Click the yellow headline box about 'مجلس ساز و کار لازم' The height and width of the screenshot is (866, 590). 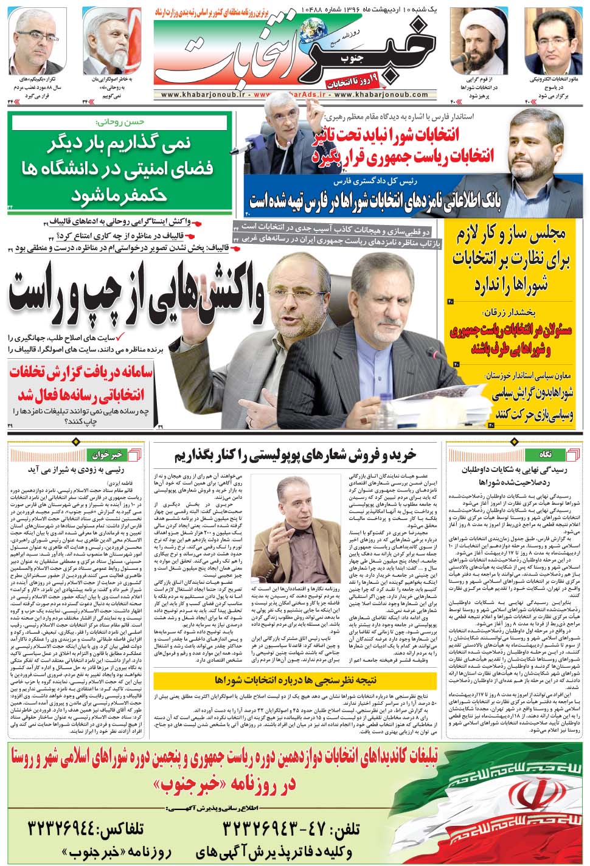[x=515, y=258]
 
